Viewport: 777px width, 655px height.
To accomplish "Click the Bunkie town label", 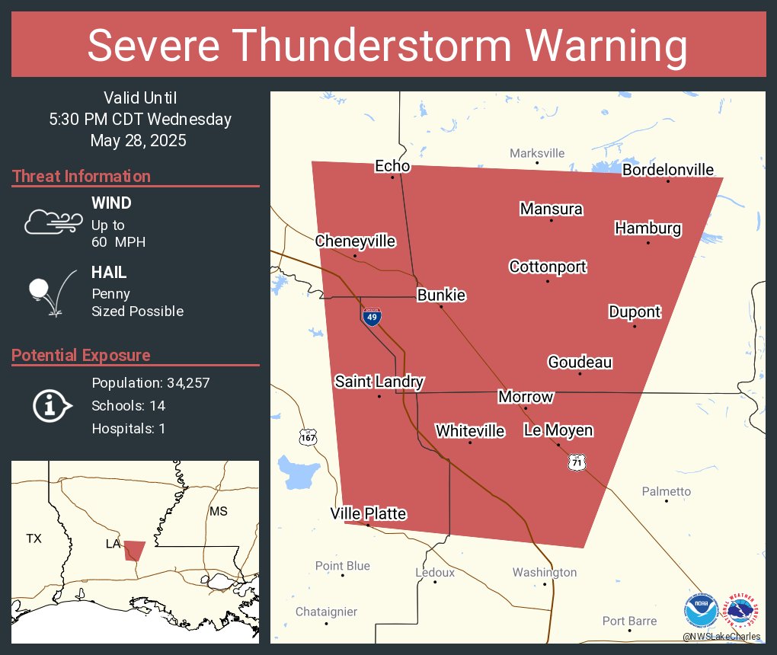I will coord(441,296).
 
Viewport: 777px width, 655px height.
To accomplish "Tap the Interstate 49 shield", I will coord(371,317).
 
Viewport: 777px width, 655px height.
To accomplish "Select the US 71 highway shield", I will coord(577,462).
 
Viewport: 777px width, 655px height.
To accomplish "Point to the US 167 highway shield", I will coord(308,437).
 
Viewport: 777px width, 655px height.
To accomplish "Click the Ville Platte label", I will coord(368,514).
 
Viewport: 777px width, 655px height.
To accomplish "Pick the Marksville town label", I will coord(537,153).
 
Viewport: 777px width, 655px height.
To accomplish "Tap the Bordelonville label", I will coord(668,170).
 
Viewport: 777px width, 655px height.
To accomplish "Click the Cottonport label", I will coord(548,267).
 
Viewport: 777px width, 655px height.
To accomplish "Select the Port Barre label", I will coord(629,621).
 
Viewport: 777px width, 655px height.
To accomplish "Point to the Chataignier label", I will coord(326,612).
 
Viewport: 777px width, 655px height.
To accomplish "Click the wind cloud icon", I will coord(53,222).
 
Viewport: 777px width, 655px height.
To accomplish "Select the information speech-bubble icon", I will coord(53,405).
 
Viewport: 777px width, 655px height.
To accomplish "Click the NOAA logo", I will coord(701,612).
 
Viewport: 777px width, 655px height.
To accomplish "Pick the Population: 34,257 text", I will coord(150,382).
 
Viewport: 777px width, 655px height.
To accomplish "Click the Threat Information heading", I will coord(82,176).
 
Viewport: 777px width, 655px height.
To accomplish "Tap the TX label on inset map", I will coord(34,538).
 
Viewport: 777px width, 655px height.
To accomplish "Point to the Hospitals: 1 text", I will coord(128,428).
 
